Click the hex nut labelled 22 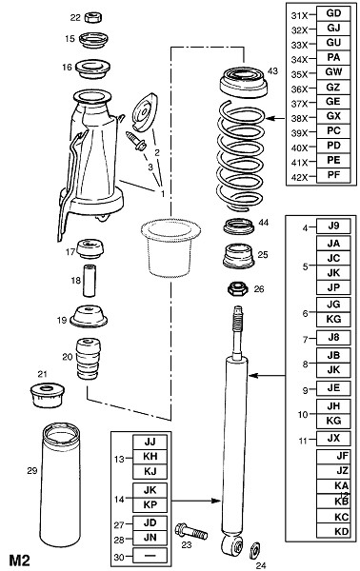[93, 17]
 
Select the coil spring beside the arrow [240, 157]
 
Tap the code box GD [333, 13]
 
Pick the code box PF [333, 175]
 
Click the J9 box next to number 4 [333, 226]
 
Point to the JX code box [333, 439]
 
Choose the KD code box [333, 531]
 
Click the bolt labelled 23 [190, 531]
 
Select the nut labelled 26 [237, 289]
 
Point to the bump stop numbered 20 [88, 359]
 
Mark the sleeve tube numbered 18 [90, 281]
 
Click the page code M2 [19, 561]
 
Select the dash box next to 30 [150, 556]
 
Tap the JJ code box [150, 443]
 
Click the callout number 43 [272, 70]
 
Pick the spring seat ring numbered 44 [239, 226]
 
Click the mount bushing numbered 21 [47, 395]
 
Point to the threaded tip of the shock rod [237, 317]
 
